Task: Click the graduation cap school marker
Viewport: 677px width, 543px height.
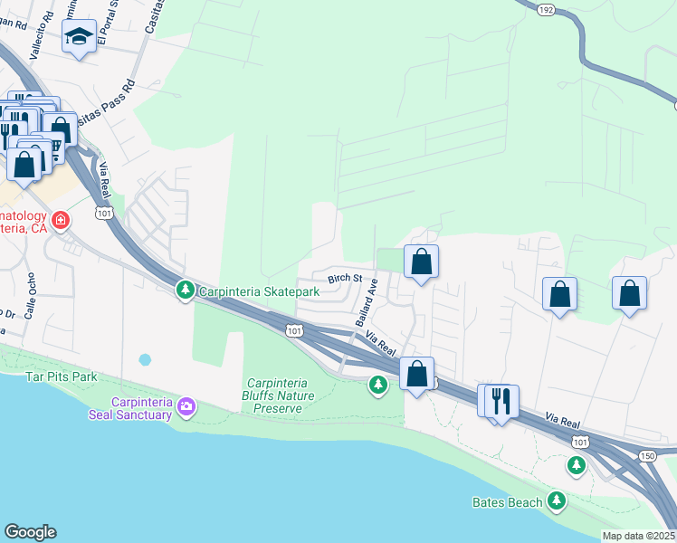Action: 79,38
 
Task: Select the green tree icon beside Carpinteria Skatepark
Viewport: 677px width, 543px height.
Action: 185,289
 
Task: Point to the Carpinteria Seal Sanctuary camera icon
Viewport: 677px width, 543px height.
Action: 187,405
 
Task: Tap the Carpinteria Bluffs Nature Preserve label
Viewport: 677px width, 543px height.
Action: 278,395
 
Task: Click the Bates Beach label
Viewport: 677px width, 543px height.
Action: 507,502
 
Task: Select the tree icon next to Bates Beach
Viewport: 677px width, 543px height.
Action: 557,500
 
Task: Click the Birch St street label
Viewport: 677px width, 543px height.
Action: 345,279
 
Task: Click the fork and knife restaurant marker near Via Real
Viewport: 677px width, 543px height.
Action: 502,399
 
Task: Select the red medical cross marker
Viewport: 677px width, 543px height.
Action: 61,221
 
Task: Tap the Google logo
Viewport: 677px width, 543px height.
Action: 30,532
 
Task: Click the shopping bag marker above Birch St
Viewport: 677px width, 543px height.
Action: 421,262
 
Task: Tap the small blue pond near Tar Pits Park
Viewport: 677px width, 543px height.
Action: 145,359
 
